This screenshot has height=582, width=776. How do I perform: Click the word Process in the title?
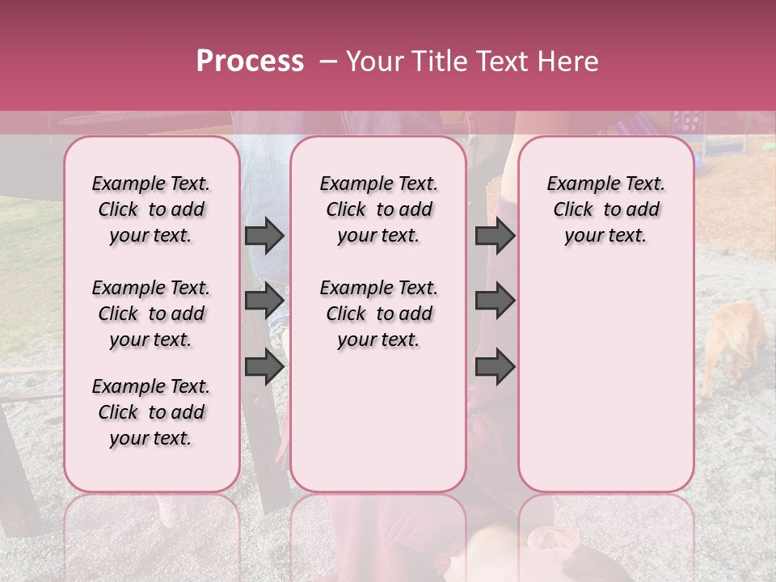[x=250, y=61]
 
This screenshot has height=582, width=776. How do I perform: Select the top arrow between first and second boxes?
[x=264, y=236]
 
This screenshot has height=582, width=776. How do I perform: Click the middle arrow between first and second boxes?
[x=264, y=302]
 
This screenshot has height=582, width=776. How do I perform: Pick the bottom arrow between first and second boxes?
[x=264, y=367]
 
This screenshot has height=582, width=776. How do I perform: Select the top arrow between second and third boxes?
[x=495, y=236]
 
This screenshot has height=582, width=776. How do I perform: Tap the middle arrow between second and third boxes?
[x=495, y=302]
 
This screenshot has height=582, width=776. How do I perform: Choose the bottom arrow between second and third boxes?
[x=495, y=367]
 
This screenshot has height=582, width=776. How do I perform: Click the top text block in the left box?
[x=151, y=209]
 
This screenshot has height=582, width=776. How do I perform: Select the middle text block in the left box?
[x=151, y=314]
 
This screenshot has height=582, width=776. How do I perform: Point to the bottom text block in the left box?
[x=151, y=412]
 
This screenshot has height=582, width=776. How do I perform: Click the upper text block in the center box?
[x=378, y=209]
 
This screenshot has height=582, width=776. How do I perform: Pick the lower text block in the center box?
[x=378, y=314]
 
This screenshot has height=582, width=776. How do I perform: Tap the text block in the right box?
[x=605, y=209]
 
